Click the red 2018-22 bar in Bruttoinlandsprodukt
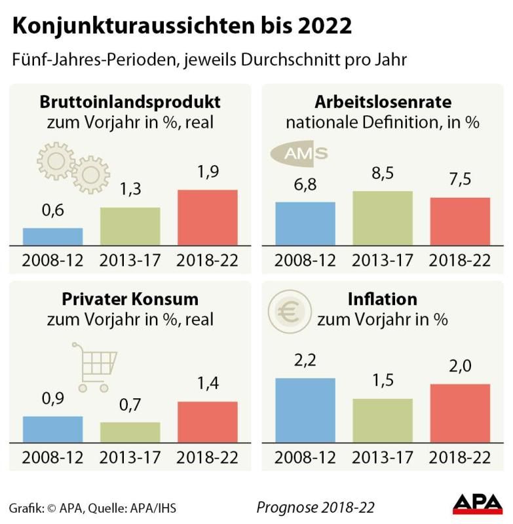(x=207, y=217)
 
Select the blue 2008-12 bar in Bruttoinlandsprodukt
(x=52, y=236)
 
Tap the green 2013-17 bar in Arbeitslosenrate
(x=383, y=218)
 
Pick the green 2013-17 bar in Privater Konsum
(x=130, y=432)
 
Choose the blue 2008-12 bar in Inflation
(x=305, y=410)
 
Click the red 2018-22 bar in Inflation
(x=460, y=413)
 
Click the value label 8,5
(x=383, y=176)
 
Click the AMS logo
(x=300, y=154)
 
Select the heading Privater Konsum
(x=130, y=299)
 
